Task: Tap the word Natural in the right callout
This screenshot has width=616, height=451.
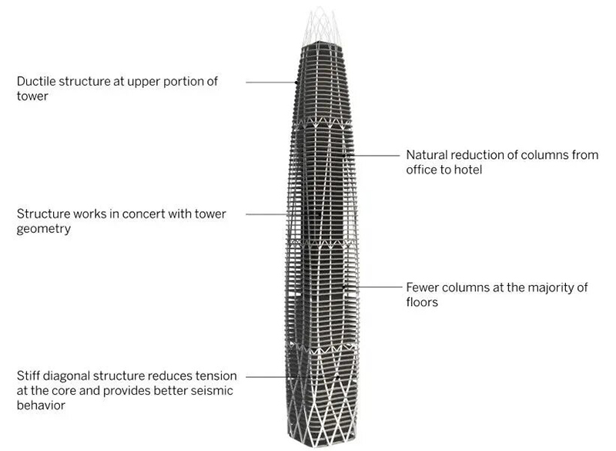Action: pos(427,155)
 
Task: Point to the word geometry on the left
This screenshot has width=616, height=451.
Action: pos(42,229)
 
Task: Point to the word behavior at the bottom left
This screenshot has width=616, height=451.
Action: pos(42,405)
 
